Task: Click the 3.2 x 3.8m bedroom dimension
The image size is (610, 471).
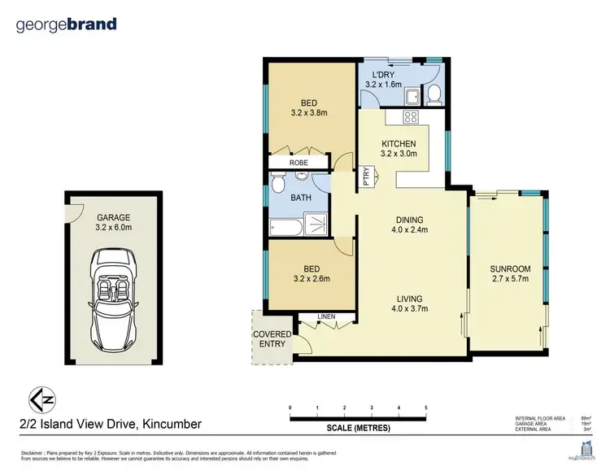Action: (308, 115)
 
